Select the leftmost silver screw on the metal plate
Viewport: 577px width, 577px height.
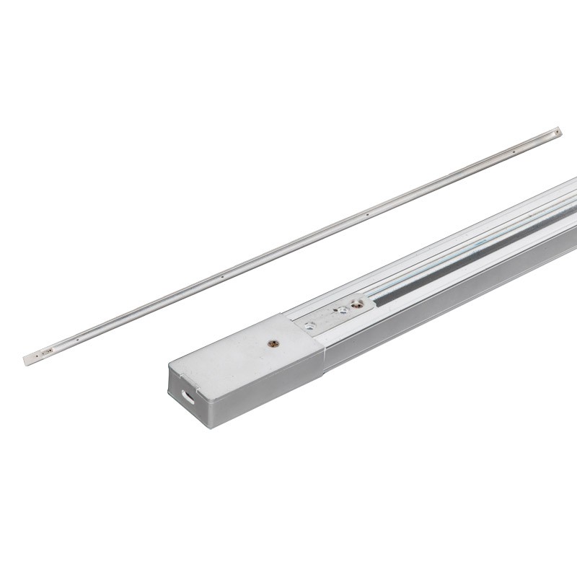(312, 325)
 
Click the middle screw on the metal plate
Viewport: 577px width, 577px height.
(341, 309)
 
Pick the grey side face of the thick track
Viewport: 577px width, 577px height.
(447, 303)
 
